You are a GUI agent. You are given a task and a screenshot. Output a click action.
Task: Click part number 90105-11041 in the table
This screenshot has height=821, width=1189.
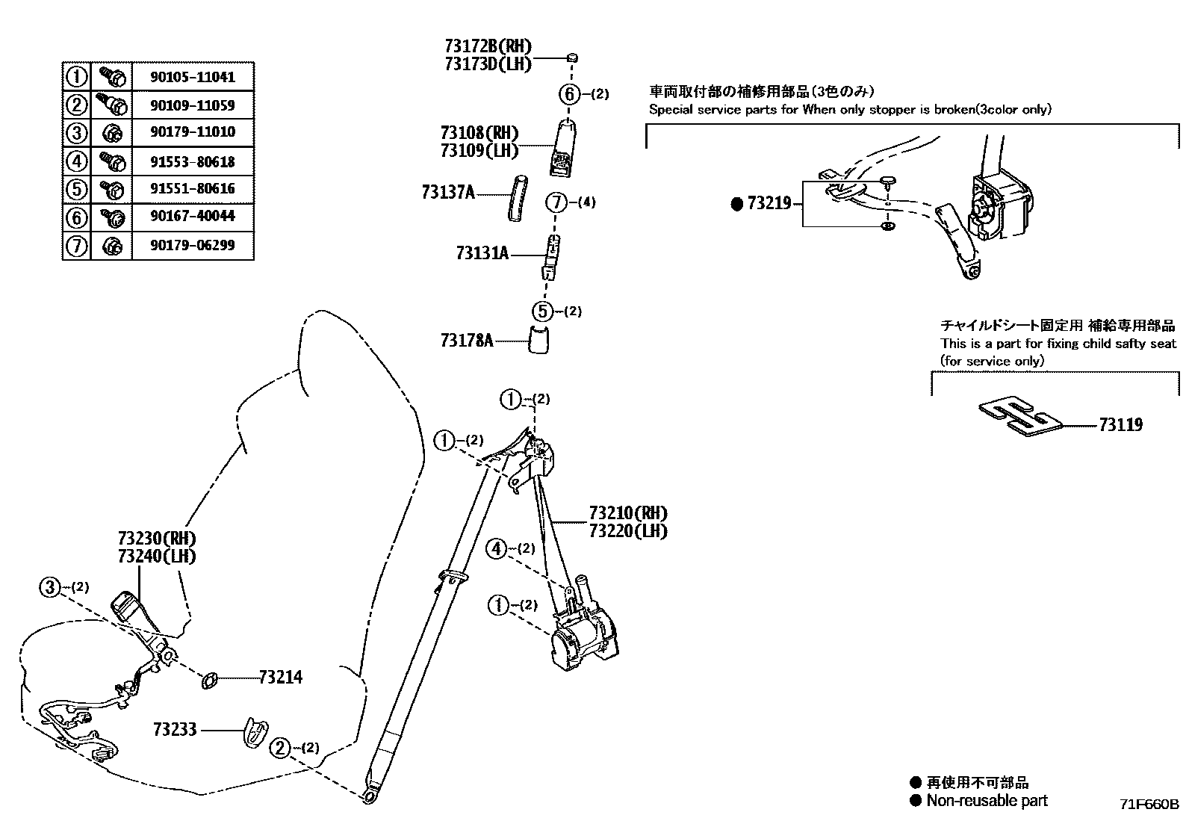193,76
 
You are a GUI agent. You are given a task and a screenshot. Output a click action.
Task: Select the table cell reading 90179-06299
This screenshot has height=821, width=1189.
193,245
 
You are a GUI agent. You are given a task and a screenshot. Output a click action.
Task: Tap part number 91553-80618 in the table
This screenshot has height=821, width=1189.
193,161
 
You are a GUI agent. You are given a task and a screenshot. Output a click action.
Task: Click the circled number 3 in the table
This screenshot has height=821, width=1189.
76,133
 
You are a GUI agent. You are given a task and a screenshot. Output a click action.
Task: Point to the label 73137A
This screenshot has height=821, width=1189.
447,193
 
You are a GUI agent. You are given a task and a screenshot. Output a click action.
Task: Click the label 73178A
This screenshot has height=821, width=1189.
467,341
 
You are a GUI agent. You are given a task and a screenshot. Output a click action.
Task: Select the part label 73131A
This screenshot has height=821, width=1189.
482,254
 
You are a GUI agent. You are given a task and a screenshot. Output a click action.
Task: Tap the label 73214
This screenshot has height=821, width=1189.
281,678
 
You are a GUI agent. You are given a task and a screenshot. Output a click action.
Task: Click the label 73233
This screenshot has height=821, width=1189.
175,729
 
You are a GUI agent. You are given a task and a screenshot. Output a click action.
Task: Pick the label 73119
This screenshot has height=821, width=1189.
1120,425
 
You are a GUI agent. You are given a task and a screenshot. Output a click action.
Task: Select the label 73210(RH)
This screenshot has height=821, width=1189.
627,513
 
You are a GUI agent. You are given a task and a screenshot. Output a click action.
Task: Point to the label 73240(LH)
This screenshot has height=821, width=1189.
156,557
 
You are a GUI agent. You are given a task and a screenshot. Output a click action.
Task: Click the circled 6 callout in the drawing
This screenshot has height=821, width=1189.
569,94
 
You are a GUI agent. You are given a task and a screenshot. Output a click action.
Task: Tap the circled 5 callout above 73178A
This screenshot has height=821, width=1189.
543,311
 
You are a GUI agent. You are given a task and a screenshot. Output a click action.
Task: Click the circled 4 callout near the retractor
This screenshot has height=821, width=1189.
497,549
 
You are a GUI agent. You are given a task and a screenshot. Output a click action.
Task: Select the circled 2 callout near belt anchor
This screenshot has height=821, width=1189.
279,748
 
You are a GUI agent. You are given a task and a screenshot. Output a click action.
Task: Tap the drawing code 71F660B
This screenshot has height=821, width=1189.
1148,805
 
